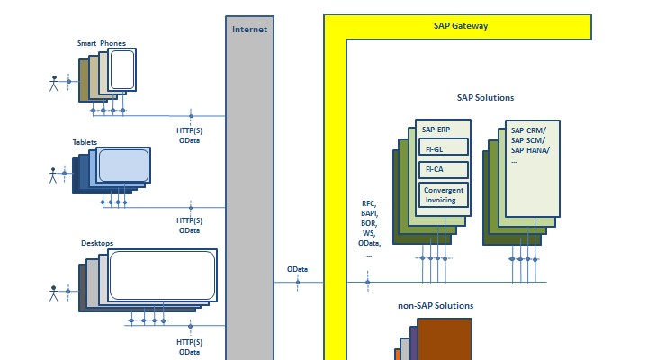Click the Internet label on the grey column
(249, 29)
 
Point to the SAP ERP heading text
(436, 130)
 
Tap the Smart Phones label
(100, 42)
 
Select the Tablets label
(85, 142)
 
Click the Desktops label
(97, 243)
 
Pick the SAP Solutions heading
(485, 98)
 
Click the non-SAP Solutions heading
(436, 306)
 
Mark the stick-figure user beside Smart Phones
(53, 84)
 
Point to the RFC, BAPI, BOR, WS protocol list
(369, 229)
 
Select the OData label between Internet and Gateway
(297, 269)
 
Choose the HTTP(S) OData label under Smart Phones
(189, 135)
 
